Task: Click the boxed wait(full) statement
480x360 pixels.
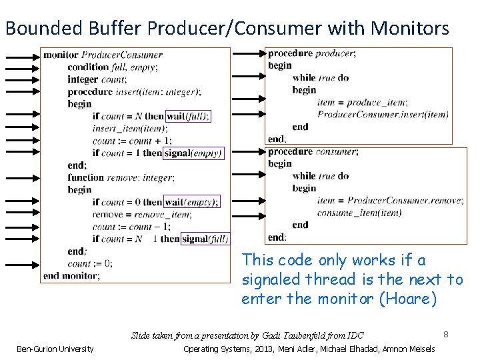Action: coord(187,116)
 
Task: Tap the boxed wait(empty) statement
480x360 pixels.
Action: coord(191,202)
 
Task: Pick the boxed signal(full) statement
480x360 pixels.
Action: coord(205,239)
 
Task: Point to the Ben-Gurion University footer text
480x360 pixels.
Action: coord(55,349)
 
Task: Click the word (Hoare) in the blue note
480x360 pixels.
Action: coord(407,299)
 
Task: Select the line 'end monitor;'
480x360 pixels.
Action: coord(71,275)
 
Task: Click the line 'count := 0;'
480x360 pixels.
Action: coord(90,263)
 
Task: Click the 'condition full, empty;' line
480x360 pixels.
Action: coord(115,67)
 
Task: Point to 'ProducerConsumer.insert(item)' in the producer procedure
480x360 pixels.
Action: coord(383,114)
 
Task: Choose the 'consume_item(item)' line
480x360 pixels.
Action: coord(359,213)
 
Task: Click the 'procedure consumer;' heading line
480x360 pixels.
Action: coord(313,151)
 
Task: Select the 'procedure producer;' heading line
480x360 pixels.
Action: coord(311,53)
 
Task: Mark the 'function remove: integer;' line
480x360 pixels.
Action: coord(121,177)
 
